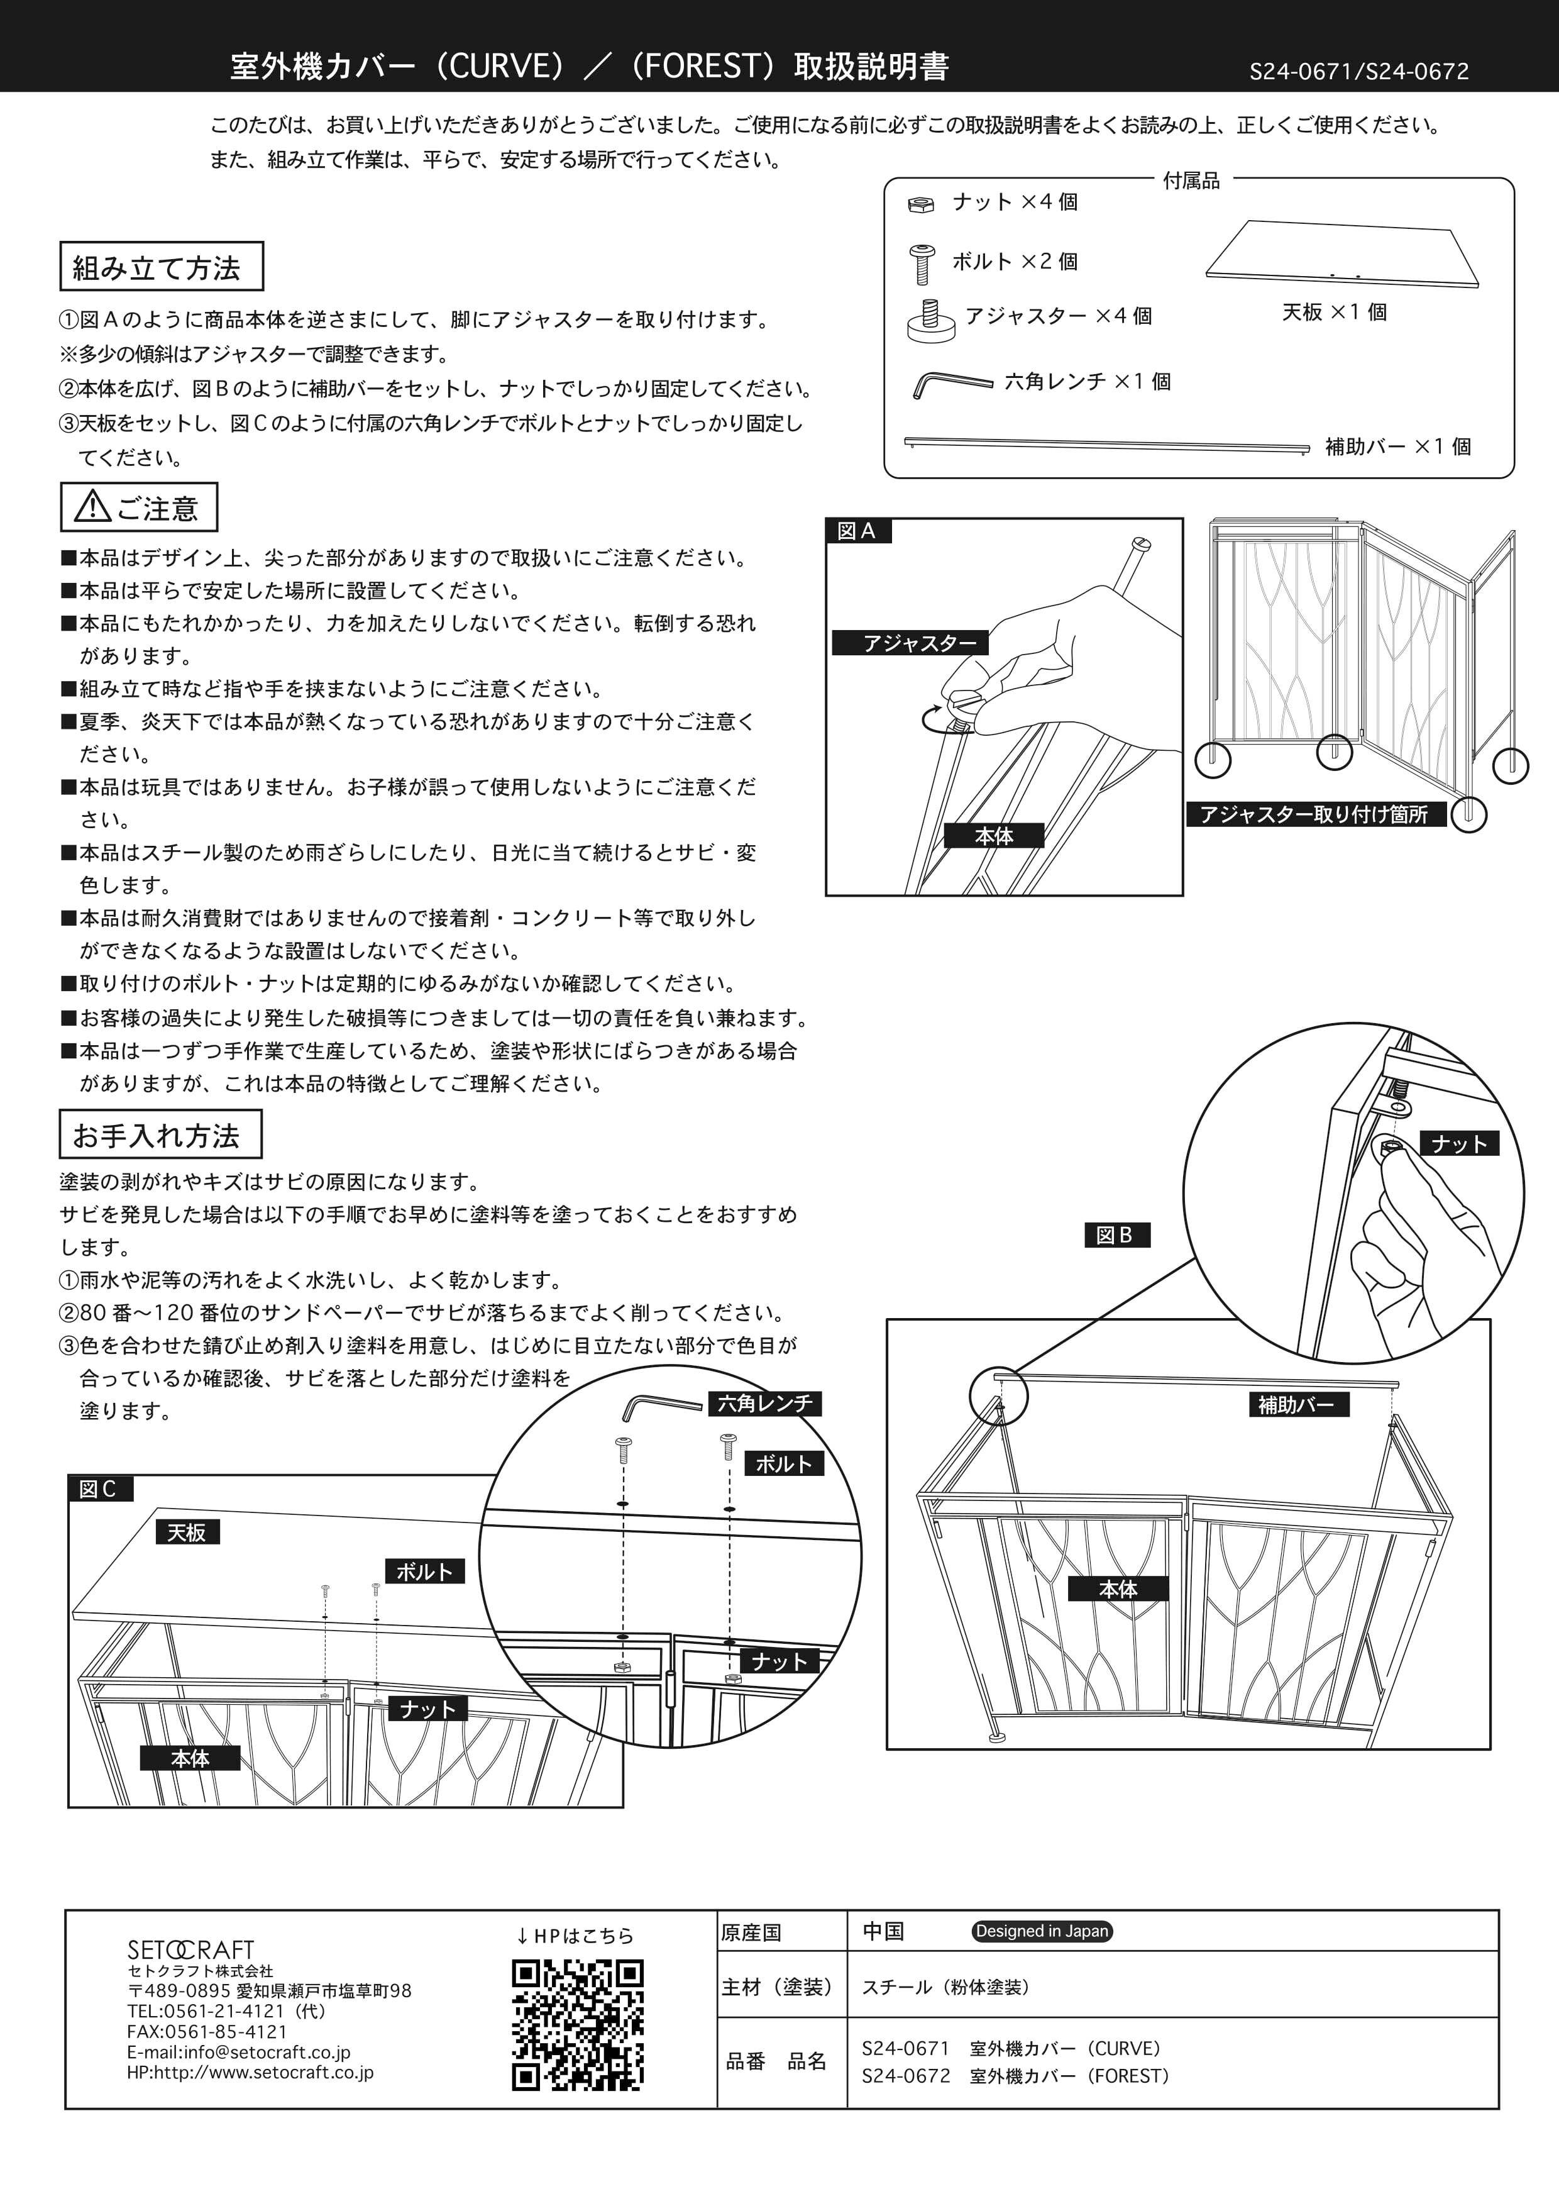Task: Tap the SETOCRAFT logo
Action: coord(191,1949)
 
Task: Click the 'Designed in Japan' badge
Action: coord(1042,1931)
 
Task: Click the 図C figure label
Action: coord(99,1489)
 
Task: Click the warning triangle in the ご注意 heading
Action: coord(92,506)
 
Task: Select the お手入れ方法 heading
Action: coord(160,1134)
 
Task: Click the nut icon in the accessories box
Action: coord(920,204)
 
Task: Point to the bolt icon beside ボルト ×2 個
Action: coord(922,264)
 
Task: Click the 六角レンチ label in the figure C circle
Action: coord(764,1403)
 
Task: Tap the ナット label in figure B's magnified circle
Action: coord(1459,1143)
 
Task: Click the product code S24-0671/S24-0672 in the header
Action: coord(1359,71)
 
